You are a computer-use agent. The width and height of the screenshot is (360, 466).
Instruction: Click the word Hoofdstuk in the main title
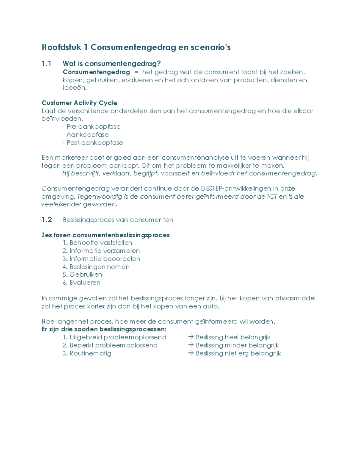tap(61, 47)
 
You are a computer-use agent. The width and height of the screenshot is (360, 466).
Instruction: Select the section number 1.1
tap(46, 64)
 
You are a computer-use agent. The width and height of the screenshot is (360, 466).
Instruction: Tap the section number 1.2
tap(47, 220)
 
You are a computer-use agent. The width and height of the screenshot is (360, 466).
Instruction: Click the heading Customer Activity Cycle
tap(79, 103)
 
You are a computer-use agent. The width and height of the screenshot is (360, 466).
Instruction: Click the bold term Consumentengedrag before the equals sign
tap(96, 72)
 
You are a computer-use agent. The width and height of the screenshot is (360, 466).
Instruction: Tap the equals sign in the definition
tap(137, 72)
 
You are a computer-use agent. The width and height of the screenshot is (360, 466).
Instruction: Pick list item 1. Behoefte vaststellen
tap(97, 243)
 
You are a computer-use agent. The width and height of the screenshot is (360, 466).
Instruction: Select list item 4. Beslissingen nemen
tap(96, 267)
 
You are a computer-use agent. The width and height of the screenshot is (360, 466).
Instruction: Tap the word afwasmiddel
tap(295, 298)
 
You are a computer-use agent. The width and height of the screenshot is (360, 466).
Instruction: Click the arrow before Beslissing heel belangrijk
tap(191, 337)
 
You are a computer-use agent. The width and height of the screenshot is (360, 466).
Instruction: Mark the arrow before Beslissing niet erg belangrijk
tap(191, 353)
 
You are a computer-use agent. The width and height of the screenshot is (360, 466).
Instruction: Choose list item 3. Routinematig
tap(87, 353)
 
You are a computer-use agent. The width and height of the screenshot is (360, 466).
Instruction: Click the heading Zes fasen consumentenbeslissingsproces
tap(106, 235)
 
